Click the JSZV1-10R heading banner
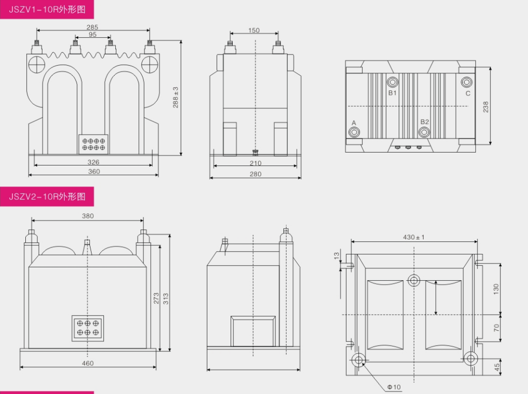tap(47, 9)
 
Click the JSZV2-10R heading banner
tap(47, 196)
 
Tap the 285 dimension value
tap(92, 27)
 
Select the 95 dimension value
tap(92, 34)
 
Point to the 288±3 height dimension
tap(176, 97)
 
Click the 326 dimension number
tap(93, 162)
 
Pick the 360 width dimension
tap(93, 171)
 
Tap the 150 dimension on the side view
tap(254, 31)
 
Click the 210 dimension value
tap(255, 163)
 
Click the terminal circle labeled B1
tap(393, 82)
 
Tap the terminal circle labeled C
tap(467, 82)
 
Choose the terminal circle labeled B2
tap(425, 132)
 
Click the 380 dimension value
tap(88, 216)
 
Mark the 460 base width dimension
tap(88, 363)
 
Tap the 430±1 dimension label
tap(414, 237)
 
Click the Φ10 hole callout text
tap(394, 387)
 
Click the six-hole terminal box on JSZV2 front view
tap(88, 328)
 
